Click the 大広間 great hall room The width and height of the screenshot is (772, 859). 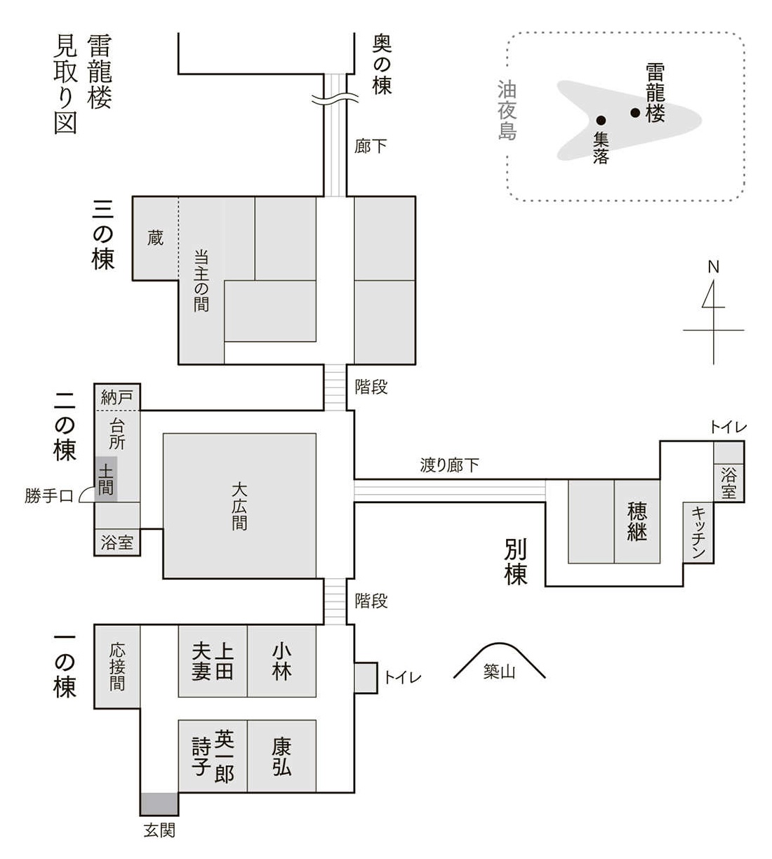coord(239,505)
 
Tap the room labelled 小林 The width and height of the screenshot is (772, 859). coord(281,661)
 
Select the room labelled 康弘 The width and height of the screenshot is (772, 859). coord(281,757)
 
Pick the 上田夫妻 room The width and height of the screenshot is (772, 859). coord(212,661)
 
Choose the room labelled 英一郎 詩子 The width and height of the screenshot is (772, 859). coord(212,757)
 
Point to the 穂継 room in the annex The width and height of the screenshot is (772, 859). coord(637,521)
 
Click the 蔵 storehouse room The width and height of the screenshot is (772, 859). coord(155,239)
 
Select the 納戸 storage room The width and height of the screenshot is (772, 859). coord(117,397)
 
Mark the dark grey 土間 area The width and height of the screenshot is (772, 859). coord(106,479)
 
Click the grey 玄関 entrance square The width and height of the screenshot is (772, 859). coord(159,804)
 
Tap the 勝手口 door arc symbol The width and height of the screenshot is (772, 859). coord(87,496)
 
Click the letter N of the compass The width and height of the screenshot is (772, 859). coord(714,267)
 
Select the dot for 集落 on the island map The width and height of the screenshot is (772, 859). coord(601,121)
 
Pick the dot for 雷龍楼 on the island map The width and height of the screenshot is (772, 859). coord(635,112)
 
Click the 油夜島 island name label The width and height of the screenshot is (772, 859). coord(507,110)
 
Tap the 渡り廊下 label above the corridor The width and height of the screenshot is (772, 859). coord(450,465)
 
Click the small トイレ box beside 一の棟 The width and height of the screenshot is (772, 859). coord(366,677)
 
